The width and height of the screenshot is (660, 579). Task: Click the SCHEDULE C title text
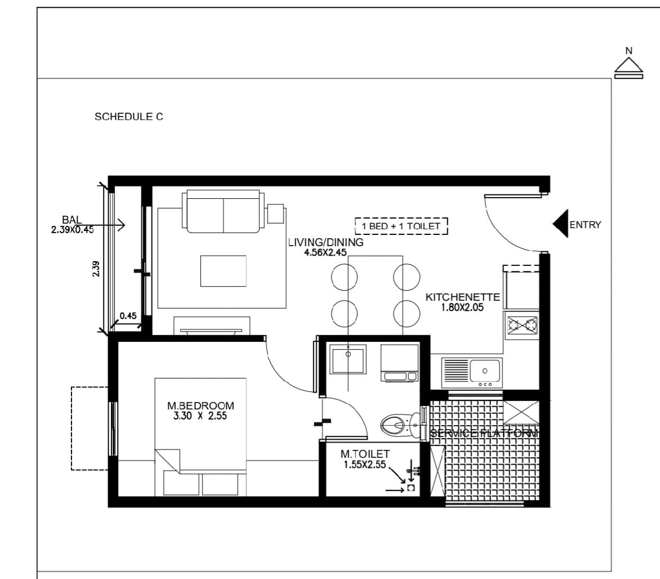[x=129, y=117]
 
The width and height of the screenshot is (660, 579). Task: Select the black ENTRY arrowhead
[x=560, y=224]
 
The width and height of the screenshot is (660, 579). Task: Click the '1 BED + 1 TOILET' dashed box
[x=401, y=226]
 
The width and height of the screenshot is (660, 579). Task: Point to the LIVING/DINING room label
[x=326, y=242]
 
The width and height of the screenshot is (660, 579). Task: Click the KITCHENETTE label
[x=462, y=297]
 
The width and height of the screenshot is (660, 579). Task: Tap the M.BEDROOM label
[x=200, y=406]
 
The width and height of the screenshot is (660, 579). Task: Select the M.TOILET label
[x=365, y=454]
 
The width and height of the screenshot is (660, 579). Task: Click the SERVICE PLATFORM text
[x=484, y=433]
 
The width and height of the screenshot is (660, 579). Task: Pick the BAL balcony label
[x=72, y=220]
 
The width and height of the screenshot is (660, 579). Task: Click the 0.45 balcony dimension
[x=128, y=315]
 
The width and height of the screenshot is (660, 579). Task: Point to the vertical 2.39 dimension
[x=96, y=269]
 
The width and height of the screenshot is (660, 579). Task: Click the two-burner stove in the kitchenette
[x=522, y=324]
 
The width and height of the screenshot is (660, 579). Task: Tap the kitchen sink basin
[x=485, y=371]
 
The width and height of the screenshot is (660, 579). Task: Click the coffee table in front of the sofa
[x=223, y=271]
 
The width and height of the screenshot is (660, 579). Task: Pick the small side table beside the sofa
[x=275, y=213]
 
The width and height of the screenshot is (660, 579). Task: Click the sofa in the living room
[x=223, y=211]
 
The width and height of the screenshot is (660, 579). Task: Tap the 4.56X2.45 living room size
[x=325, y=252]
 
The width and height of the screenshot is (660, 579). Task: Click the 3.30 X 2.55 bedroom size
[x=200, y=416]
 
